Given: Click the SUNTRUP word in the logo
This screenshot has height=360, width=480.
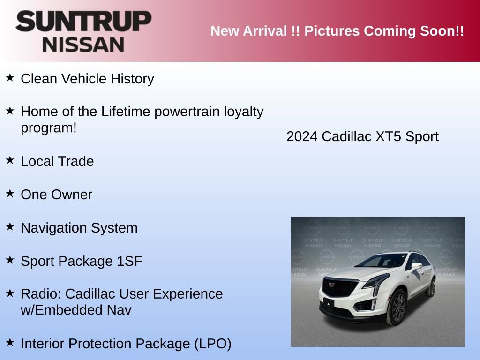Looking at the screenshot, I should click(83, 22).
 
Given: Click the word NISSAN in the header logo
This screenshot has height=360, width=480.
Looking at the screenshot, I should click(83, 45).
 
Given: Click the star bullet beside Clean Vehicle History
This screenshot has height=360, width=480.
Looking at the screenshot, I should click(10, 77).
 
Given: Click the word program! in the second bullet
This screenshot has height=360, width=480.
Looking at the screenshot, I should click(48, 128).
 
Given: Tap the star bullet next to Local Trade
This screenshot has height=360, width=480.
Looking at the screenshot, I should click(10, 160).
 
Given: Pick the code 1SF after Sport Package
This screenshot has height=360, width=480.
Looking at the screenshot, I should click(130, 261).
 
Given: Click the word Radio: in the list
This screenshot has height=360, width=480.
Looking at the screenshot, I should click(41, 294).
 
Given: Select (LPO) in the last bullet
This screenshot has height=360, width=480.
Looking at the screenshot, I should click(212, 344).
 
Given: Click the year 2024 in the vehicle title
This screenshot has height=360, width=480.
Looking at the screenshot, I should click(302, 136).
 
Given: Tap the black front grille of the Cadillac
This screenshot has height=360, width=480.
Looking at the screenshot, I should click(341, 286).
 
